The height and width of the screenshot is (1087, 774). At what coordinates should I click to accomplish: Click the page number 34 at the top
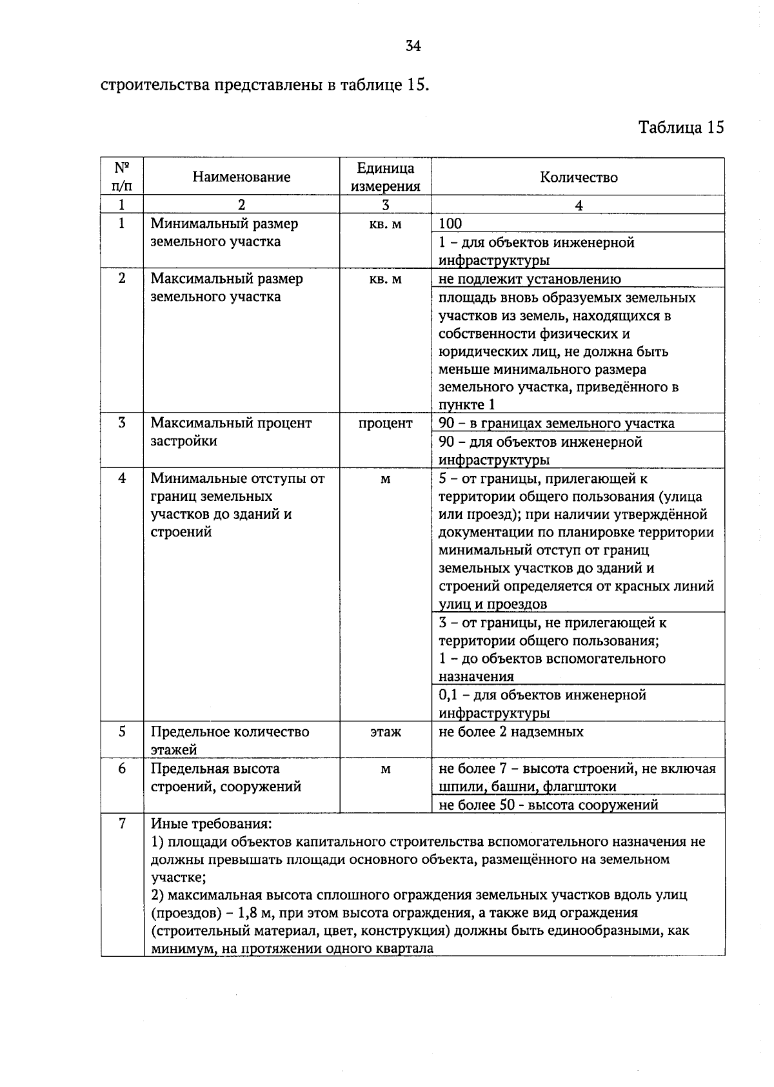pyautogui.click(x=413, y=46)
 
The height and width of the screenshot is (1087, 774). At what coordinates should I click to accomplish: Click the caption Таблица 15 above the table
pyautogui.click(x=681, y=127)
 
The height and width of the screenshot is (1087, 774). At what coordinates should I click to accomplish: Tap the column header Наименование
pyautogui.click(x=241, y=177)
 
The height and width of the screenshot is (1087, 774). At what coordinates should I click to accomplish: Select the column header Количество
pyautogui.click(x=579, y=177)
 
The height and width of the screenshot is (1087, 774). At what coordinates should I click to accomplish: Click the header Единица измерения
pyautogui.click(x=385, y=177)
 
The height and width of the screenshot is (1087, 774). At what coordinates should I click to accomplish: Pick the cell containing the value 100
pyautogui.click(x=451, y=224)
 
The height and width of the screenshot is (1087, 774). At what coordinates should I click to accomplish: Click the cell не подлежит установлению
pyautogui.click(x=530, y=279)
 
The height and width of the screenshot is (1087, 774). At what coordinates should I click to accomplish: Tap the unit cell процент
pyautogui.click(x=385, y=424)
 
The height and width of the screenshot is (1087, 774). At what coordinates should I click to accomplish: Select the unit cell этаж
pyautogui.click(x=385, y=732)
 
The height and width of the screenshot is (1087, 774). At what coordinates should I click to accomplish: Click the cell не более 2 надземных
pyautogui.click(x=511, y=732)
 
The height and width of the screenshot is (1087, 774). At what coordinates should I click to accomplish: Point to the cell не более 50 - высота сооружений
pyautogui.click(x=548, y=805)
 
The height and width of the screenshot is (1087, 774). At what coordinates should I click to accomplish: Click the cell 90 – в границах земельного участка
pyautogui.click(x=556, y=424)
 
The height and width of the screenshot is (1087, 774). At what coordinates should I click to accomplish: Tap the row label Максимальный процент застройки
pyautogui.click(x=230, y=432)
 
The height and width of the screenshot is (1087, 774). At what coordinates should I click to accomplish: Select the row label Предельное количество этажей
pyautogui.click(x=230, y=740)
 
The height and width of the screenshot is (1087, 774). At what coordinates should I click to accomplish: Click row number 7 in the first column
pyautogui.click(x=122, y=824)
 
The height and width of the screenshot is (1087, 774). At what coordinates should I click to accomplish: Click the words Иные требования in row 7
pyautogui.click(x=211, y=824)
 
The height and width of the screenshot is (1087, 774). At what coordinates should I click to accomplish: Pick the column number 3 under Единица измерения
pyautogui.click(x=385, y=205)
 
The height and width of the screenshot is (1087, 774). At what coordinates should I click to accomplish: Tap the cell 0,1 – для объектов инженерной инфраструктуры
pyautogui.click(x=542, y=703)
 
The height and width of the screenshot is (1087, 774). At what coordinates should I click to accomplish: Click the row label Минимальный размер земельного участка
pyautogui.click(x=224, y=233)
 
